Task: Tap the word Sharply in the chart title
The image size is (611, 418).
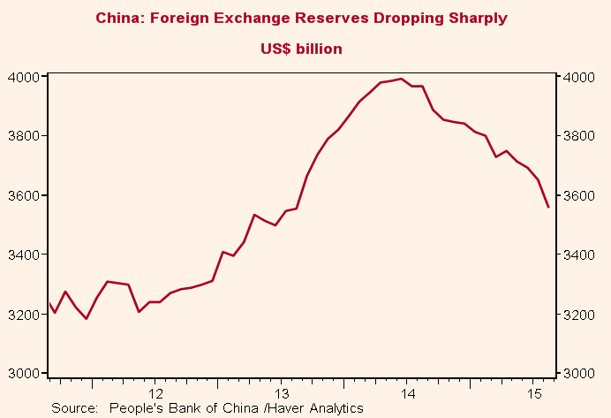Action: tap(480, 18)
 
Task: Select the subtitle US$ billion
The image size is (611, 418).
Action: tap(301, 49)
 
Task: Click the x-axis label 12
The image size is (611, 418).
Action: tap(155, 392)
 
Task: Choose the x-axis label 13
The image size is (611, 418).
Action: tap(282, 392)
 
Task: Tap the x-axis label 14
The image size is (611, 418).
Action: tap(408, 392)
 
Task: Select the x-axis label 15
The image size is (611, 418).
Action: tap(534, 392)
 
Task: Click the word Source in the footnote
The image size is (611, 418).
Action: tap(74, 407)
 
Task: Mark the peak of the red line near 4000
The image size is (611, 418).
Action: tap(402, 79)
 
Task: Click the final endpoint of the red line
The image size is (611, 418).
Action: tap(548, 207)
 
